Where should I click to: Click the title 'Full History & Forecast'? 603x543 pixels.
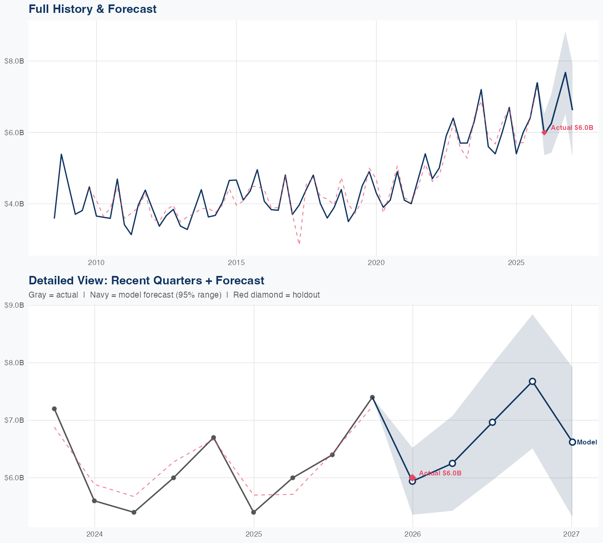point(92,9)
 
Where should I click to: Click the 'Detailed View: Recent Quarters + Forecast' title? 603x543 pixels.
point(146,280)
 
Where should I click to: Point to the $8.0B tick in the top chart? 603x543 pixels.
point(14,61)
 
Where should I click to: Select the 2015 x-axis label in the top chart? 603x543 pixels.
point(236,263)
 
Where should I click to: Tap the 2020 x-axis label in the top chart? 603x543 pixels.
point(376,263)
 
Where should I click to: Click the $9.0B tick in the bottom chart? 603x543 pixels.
point(14,305)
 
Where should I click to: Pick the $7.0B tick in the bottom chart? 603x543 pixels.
point(14,420)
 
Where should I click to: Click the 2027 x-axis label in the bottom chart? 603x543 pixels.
point(571,535)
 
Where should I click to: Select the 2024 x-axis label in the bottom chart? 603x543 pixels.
point(95,535)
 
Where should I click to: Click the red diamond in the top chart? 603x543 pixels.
point(544,132)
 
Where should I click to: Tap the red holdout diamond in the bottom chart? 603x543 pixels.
point(412,477)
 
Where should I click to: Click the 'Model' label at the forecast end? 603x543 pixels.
point(587,442)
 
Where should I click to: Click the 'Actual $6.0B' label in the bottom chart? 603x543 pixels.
point(440,473)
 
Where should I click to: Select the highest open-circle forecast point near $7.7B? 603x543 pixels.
point(532,381)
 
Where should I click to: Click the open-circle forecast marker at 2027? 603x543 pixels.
point(572,442)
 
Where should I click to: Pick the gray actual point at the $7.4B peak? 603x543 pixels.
point(372,397)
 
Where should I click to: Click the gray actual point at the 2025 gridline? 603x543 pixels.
point(254,512)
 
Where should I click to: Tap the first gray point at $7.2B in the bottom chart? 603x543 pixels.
point(54,409)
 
